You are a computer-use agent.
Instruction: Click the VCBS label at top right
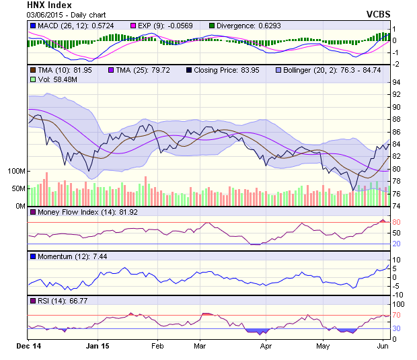(x=379, y=14)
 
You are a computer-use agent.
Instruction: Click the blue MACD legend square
(x=32, y=26)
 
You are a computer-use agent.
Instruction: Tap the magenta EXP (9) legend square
(x=132, y=26)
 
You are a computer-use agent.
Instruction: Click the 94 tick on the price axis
(x=397, y=82)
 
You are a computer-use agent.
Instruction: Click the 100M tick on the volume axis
(x=17, y=171)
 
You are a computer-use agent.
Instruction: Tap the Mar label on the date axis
(x=199, y=347)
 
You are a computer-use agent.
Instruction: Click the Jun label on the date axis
(x=381, y=347)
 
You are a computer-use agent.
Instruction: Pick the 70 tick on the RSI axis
(x=397, y=315)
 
